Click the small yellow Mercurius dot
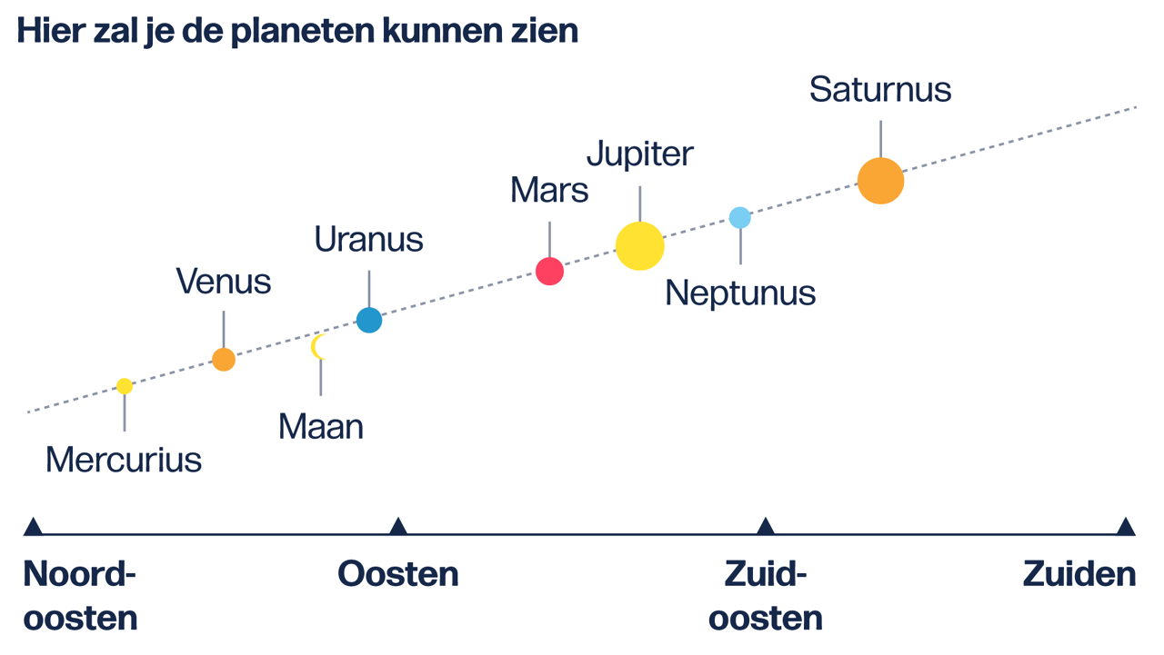pyautogui.click(x=125, y=386)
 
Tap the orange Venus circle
pyautogui.click(x=224, y=360)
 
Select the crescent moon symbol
pyautogui.click(x=317, y=347)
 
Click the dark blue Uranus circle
pyautogui.click(x=369, y=320)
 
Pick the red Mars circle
pyautogui.click(x=549, y=271)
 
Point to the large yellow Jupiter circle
pyautogui.click(x=640, y=245)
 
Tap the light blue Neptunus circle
pyautogui.click(x=740, y=218)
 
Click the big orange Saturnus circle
pyautogui.click(x=880, y=180)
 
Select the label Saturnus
pyautogui.click(x=880, y=90)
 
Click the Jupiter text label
pyautogui.click(x=639, y=154)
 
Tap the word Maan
pyautogui.click(x=321, y=426)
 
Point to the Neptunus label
pyautogui.click(x=740, y=293)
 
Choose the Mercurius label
pyautogui.click(x=124, y=459)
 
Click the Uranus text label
pyautogui.click(x=368, y=239)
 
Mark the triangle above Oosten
pyautogui.click(x=397, y=526)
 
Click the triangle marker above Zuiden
pyautogui.click(x=1126, y=526)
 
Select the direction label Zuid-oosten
pyautogui.click(x=766, y=596)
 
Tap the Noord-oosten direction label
pyautogui.click(x=80, y=596)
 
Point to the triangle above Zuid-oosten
pyautogui.click(x=766, y=526)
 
